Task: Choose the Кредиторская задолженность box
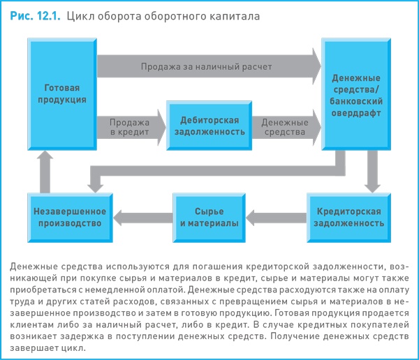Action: (x=348, y=217)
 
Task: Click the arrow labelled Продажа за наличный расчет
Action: (x=206, y=66)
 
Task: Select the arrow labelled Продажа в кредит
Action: (x=129, y=126)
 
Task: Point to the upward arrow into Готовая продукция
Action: (x=45, y=171)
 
